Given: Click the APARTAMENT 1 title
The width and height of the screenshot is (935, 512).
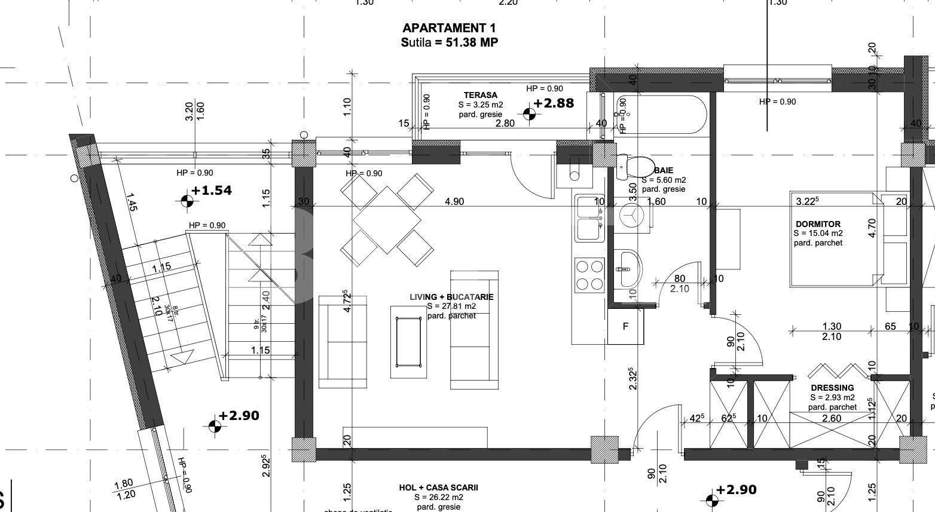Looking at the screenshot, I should tap(449, 28).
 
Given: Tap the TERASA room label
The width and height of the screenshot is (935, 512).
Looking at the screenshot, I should tap(480, 95).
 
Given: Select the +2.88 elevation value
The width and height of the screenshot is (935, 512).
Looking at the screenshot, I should tap(554, 103).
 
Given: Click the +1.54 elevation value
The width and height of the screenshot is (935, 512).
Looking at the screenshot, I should tap(212, 191).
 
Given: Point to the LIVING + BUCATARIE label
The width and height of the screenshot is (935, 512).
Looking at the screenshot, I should tap(451, 297).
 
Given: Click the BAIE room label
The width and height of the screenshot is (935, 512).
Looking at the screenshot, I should tap(664, 170).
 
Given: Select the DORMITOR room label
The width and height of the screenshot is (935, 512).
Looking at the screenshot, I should tap(818, 224).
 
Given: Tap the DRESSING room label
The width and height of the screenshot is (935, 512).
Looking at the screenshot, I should tap(832, 388).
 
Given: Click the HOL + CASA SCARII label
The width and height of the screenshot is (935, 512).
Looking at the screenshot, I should tap(438, 488).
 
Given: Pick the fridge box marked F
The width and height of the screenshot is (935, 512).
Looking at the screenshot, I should tap(626, 326).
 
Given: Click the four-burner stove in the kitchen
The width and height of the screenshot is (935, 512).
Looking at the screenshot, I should tap(589, 275).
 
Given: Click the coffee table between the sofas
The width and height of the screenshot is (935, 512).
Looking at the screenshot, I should tap(409, 342).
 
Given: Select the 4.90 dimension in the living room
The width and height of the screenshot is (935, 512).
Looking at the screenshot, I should tap(454, 201).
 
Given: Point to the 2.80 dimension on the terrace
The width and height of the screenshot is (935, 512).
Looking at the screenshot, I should tap(505, 124).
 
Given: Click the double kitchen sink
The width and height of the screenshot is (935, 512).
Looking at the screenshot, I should tap(589, 218).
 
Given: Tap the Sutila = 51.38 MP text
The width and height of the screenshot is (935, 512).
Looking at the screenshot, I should tap(449, 42).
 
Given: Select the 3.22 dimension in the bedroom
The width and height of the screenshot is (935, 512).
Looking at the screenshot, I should tap(807, 201).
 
